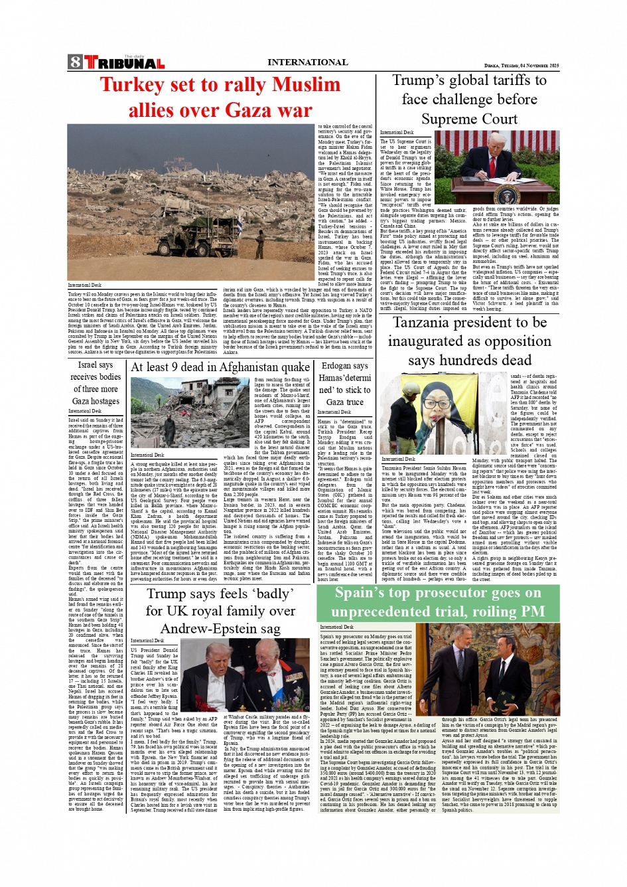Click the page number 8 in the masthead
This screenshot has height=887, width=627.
click(75, 62)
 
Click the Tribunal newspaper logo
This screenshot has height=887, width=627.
click(124, 63)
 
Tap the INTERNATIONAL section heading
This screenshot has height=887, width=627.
click(307, 62)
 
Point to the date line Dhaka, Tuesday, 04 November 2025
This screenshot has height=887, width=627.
click(522, 66)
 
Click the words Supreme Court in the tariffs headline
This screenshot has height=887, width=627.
click(469, 120)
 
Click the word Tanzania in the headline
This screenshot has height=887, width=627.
click(425, 323)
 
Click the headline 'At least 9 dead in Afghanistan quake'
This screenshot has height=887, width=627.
click(220, 367)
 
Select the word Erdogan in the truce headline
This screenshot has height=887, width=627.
click(336, 366)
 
